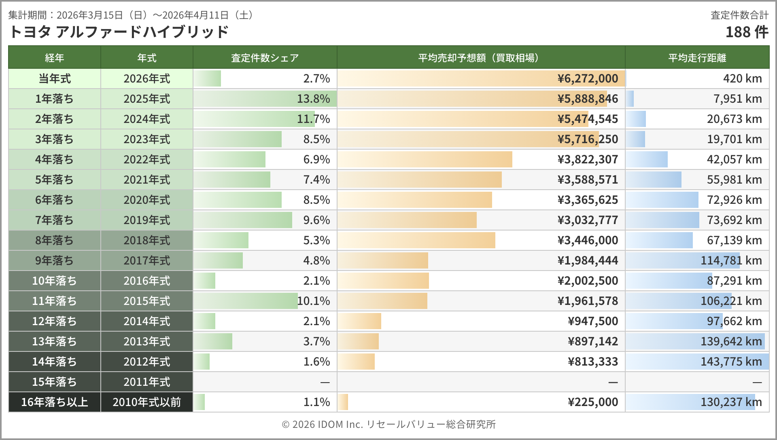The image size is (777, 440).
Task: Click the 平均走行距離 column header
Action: point(697,58)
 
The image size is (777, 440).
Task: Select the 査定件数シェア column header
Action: point(265,58)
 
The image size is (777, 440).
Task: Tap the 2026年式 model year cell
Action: point(146,78)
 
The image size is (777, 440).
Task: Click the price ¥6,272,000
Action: point(588,78)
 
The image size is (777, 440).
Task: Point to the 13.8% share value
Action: point(313,99)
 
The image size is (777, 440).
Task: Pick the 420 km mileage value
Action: point(742,78)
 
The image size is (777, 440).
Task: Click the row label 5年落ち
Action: point(54,180)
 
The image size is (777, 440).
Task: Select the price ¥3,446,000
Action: point(588,240)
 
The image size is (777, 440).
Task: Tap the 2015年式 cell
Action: point(146,301)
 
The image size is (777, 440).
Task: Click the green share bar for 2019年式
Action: point(243,220)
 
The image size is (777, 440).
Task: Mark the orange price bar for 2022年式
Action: point(425,159)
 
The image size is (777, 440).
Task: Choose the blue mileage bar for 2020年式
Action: point(662,200)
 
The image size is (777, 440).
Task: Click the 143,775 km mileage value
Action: point(731,362)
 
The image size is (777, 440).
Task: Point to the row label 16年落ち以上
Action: point(54,402)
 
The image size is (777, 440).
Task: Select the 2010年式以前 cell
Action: point(146,402)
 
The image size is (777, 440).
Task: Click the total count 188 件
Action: point(746,32)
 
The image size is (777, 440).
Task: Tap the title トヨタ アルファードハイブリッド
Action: point(119,32)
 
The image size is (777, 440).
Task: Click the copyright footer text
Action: point(388,424)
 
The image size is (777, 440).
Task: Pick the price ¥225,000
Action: point(592,402)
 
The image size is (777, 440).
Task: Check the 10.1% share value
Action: point(313,301)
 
